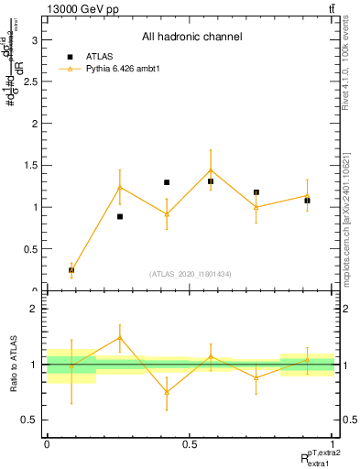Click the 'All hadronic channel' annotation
[x=191, y=38]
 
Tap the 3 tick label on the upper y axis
[x=36, y=39]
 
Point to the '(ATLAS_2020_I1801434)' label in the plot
[x=191, y=274]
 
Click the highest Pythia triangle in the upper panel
[x=211, y=169]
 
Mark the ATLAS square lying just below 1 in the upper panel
[x=120, y=216]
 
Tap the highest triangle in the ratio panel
[x=120, y=337]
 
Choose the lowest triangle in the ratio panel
[x=167, y=392]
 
